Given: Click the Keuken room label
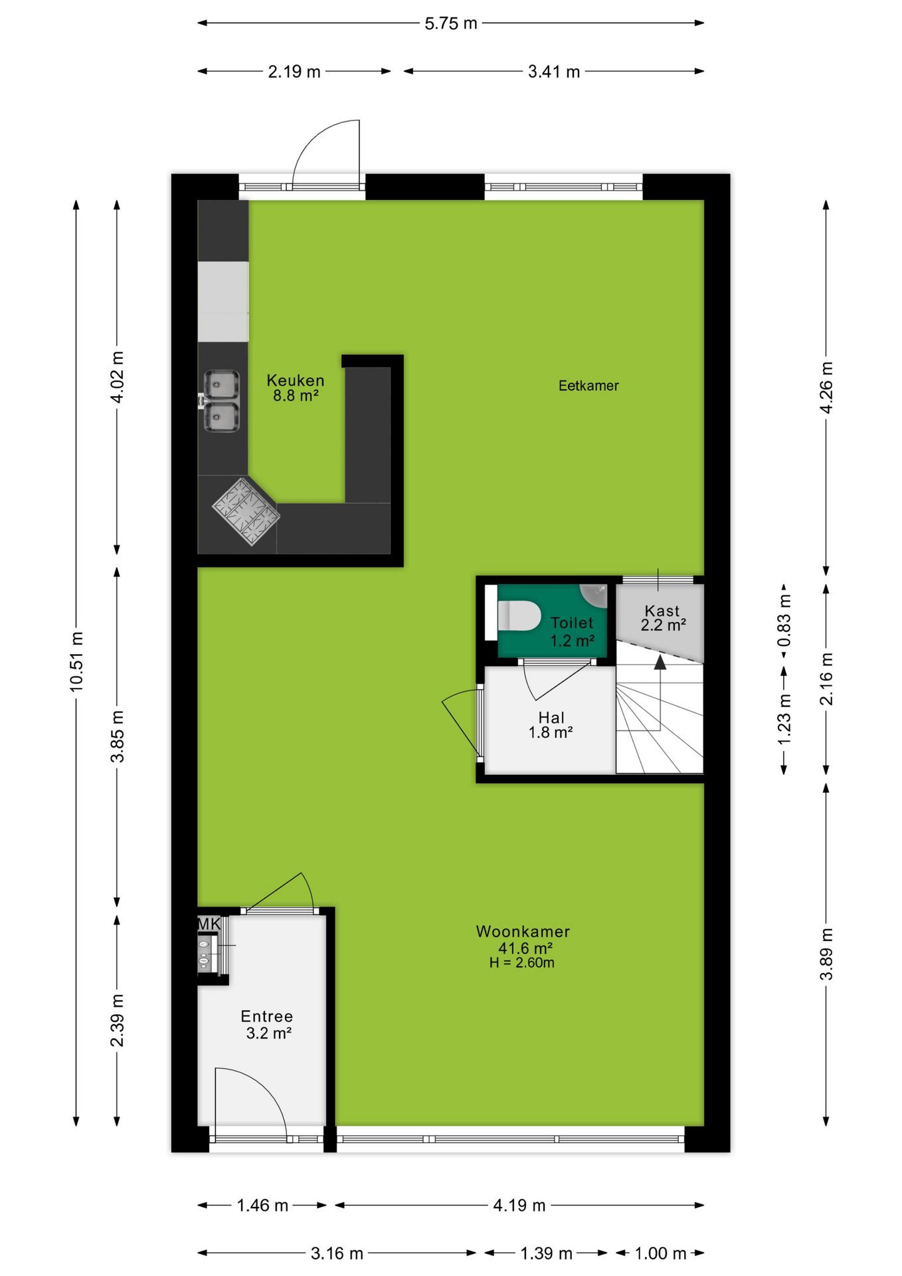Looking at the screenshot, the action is point(296,381).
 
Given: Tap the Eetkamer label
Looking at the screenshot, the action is point(588,386).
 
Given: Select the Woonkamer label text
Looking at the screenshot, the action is point(523,932).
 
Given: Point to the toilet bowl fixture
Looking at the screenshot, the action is point(519,616).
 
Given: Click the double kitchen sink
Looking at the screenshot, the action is point(221,401).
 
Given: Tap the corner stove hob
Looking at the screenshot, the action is point(246,512).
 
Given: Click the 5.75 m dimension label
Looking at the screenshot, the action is point(451,23).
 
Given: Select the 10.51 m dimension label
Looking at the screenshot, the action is point(77,662).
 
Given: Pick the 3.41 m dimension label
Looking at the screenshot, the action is point(554,72).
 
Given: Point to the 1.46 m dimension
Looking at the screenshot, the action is point(262,1206).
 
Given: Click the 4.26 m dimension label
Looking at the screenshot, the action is point(826,388).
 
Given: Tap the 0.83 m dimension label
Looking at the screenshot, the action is point(784,621).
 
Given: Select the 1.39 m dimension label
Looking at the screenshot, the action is point(546,1253).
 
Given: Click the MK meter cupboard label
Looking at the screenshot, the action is point(209,924).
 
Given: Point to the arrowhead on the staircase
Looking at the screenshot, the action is point(660,663).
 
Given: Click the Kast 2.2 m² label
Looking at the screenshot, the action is point(663,618).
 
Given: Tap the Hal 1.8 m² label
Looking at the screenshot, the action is point(551,725).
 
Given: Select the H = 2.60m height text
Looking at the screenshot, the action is point(522,963).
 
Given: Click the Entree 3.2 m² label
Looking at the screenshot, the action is point(268,1025).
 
